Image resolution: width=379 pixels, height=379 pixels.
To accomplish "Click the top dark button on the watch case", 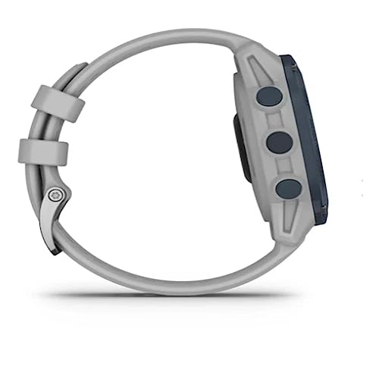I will (268, 96).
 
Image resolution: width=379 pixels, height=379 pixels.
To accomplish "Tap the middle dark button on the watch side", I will (279, 142).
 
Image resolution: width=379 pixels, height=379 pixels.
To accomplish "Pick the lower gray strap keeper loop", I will (43, 152).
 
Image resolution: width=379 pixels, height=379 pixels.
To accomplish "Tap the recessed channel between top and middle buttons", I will (274, 119).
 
